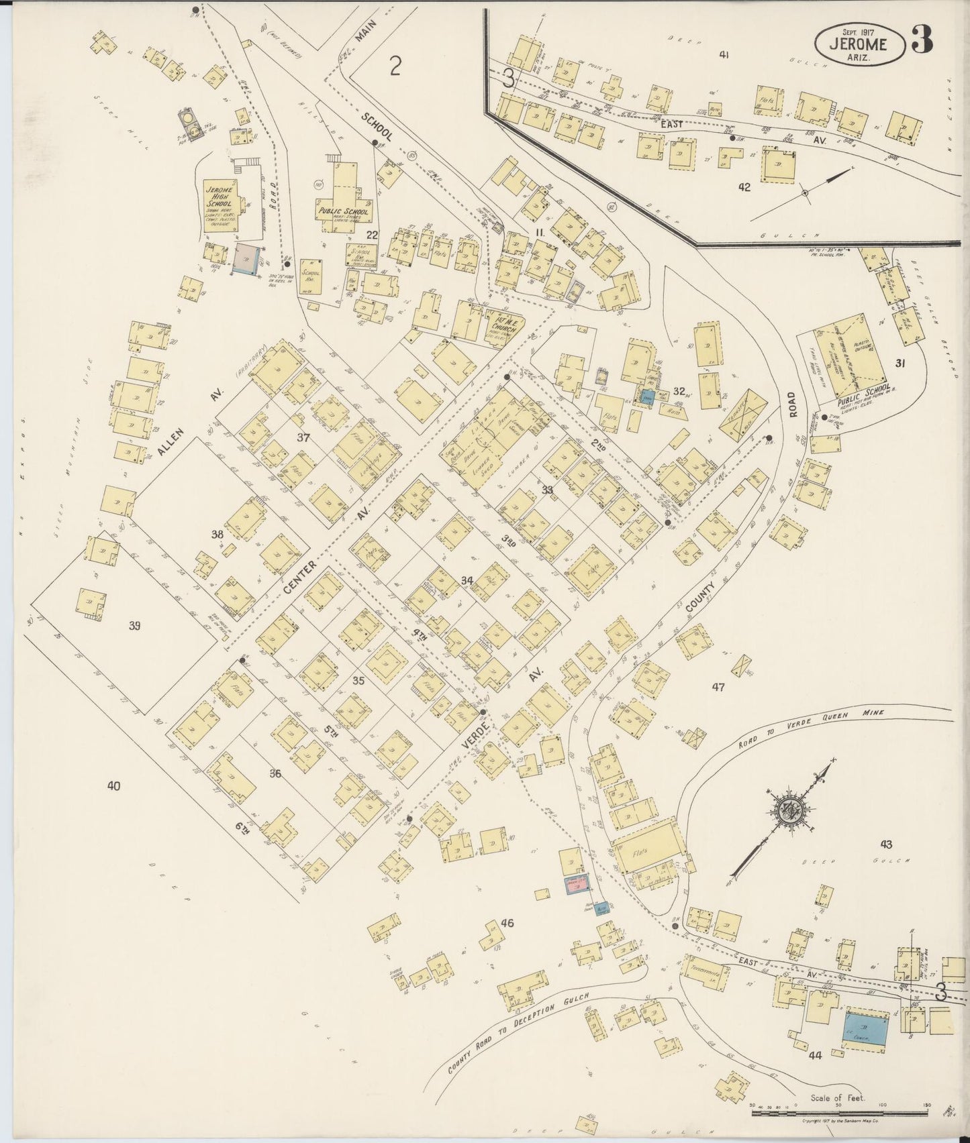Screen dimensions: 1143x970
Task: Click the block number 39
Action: coord(135,626)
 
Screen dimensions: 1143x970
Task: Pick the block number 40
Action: coord(113,785)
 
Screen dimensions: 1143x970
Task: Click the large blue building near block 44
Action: coord(865,1024)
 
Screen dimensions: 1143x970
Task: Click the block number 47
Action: coord(719,686)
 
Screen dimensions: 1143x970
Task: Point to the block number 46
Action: coord(507,923)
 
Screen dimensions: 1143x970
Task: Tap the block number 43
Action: coord(886,844)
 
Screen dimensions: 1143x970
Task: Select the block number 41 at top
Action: coord(724,55)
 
